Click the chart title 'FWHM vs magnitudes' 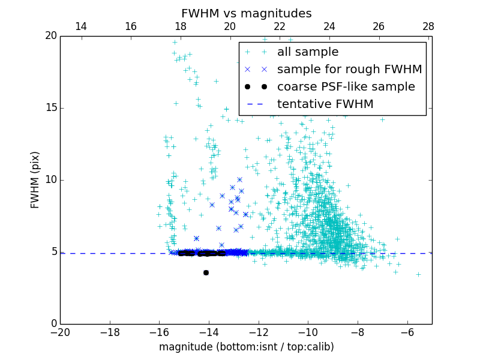coord(246,13)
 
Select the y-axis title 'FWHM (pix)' coord(35,180)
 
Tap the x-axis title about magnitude coord(246,347)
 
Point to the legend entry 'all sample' coord(307,52)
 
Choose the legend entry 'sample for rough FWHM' coord(349,70)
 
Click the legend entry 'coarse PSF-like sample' coord(346,87)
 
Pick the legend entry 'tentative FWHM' coord(325,104)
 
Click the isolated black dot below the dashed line coord(206,272)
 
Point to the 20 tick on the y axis coord(50,36)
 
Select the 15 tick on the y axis coord(50,108)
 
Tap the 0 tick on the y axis coord(53,324)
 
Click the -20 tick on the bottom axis coord(60,332)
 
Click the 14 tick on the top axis coord(81,26)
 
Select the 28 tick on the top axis coord(428,26)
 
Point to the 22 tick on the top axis coord(279,26)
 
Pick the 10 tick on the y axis coord(50,180)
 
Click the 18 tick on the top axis coord(180,26)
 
